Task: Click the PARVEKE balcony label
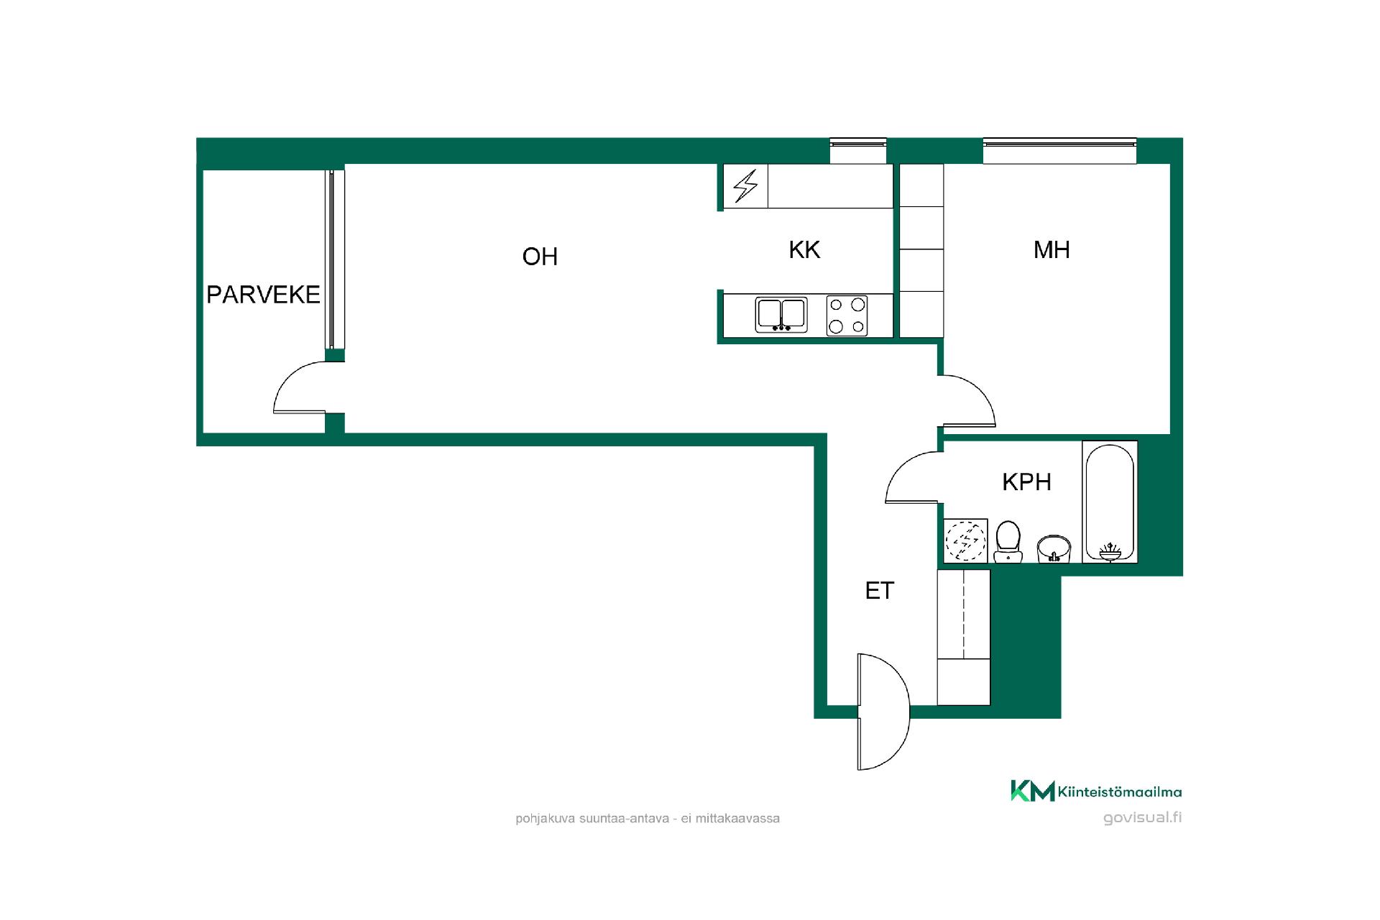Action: [263, 295]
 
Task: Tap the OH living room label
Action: [540, 257]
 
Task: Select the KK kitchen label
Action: [804, 249]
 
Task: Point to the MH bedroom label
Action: [1052, 249]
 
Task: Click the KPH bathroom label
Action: [1026, 482]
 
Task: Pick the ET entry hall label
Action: [879, 591]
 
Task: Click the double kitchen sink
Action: [781, 315]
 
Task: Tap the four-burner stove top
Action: [847, 316]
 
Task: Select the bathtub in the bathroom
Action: [1110, 502]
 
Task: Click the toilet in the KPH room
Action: [1008, 541]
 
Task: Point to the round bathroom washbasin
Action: [1054, 548]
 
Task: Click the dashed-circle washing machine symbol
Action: [965, 540]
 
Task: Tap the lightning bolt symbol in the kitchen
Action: [745, 186]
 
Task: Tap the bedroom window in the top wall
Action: [1060, 151]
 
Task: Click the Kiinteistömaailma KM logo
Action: [1096, 791]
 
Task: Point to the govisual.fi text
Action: [1142, 818]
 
